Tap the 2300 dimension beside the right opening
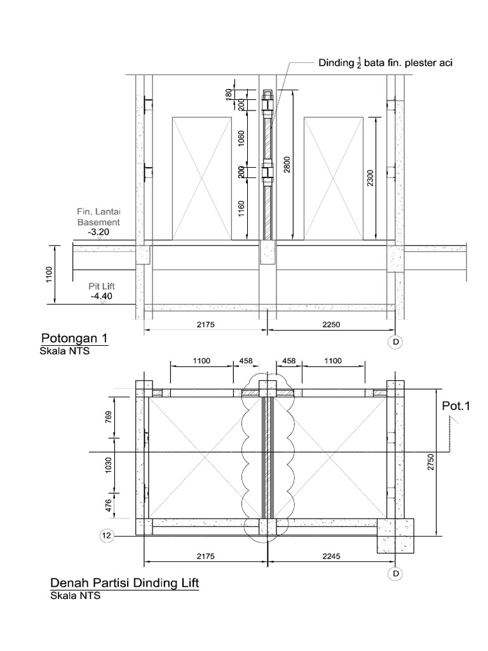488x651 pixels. [x=371, y=177]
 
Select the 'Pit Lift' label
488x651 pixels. [x=102, y=287]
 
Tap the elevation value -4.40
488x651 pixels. [x=102, y=296]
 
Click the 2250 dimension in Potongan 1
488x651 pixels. [x=331, y=324]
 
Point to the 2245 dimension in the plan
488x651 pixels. [x=331, y=556]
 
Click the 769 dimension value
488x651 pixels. [x=108, y=417]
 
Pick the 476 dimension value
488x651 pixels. [x=108, y=505]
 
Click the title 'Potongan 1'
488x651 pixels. [x=74, y=337]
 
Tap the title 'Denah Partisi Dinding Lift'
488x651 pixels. [x=124, y=583]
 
